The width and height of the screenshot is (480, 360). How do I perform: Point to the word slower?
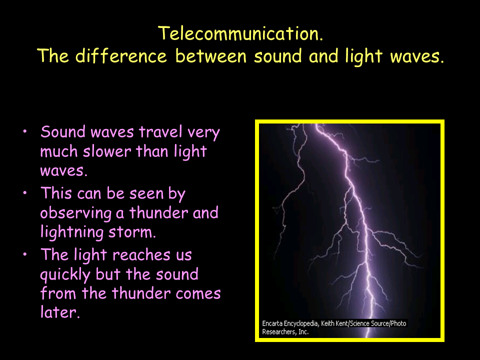(x=107, y=151)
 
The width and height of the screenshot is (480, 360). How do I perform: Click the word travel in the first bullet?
(x=160, y=132)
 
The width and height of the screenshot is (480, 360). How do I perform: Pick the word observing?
(x=76, y=213)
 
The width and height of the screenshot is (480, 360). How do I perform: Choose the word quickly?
(x=65, y=274)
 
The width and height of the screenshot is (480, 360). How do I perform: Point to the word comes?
(x=198, y=293)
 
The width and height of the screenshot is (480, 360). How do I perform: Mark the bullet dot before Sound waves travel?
(x=25, y=131)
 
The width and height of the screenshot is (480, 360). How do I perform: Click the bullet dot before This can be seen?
(x=25, y=193)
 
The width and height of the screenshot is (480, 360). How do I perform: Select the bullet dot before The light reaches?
(x=25, y=254)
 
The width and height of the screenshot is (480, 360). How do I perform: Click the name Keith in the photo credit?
(x=328, y=323)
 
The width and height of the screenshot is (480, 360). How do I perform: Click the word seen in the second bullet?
(x=146, y=194)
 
